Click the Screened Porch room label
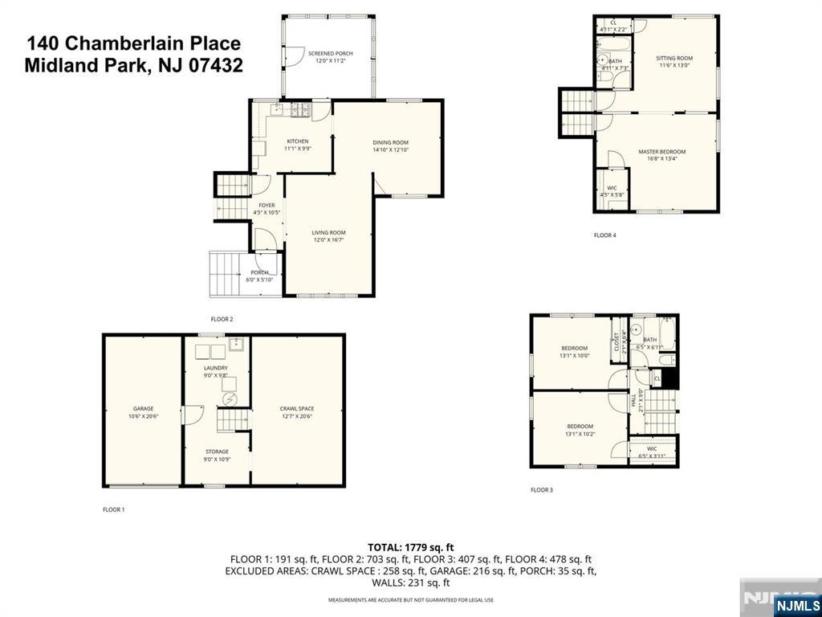pos(330,54)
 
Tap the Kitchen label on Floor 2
pos(297,141)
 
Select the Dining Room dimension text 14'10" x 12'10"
pos(390,149)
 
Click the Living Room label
pos(328,232)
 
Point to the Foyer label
pos(267,205)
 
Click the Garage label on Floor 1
pos(143,408)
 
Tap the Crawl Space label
pos(296,408)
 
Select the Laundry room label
pos(215,368)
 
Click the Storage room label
pos(216,452)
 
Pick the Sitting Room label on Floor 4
pos(674,58)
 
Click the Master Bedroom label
pos(661,151)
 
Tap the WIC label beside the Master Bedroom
pos(612,188)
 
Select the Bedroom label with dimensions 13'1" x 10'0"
pos(574,348)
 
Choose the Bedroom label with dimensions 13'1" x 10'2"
pos(580,426)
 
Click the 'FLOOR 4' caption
pos(604,235)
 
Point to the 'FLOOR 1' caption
pos(113,509)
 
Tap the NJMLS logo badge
pos(796,604)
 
